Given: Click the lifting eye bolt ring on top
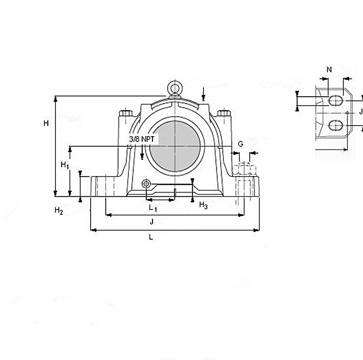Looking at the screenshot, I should [175, 88].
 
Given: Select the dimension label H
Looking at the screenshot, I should [45, 123].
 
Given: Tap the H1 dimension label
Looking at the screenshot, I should [65, 165].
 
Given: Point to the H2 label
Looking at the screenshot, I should [59, 211].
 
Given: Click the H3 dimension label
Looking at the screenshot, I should [203, 206].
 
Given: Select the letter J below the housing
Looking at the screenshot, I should [152, 222].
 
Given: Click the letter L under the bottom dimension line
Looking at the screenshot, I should [151, 237].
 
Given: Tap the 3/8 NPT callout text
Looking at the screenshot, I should [142, 139].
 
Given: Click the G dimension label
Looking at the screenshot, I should [240, 143].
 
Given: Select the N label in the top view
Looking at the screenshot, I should [329, 70].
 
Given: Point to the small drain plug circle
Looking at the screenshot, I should [146, 184].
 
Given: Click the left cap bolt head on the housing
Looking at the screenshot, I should [126, 113].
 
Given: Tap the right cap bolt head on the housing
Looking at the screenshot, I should [224, 113].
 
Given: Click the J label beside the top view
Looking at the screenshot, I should [361, 111].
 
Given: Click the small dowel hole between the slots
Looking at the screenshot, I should [347, 113].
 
